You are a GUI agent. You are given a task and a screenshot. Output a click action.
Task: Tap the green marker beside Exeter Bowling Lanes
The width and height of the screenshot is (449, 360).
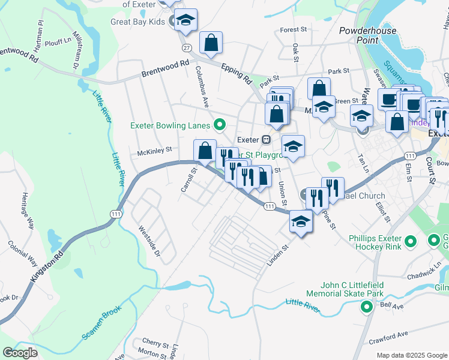(220, 125)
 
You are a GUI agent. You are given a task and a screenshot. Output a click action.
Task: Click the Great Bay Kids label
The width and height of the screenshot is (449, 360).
(137, 22)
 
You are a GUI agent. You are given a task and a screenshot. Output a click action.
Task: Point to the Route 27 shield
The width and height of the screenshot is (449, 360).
(187, 47)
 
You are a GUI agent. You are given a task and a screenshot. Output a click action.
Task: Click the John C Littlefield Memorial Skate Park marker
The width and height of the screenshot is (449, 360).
(366, 308)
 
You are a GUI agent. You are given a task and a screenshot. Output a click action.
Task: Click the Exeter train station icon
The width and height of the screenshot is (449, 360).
(267, 139)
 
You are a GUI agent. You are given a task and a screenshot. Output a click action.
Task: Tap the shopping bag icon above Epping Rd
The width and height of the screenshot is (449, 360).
(211, 43)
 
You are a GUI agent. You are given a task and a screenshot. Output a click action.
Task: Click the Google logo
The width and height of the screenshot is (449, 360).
(20, 352)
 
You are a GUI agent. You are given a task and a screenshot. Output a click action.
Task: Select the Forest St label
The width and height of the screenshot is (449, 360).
(293, 29)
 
